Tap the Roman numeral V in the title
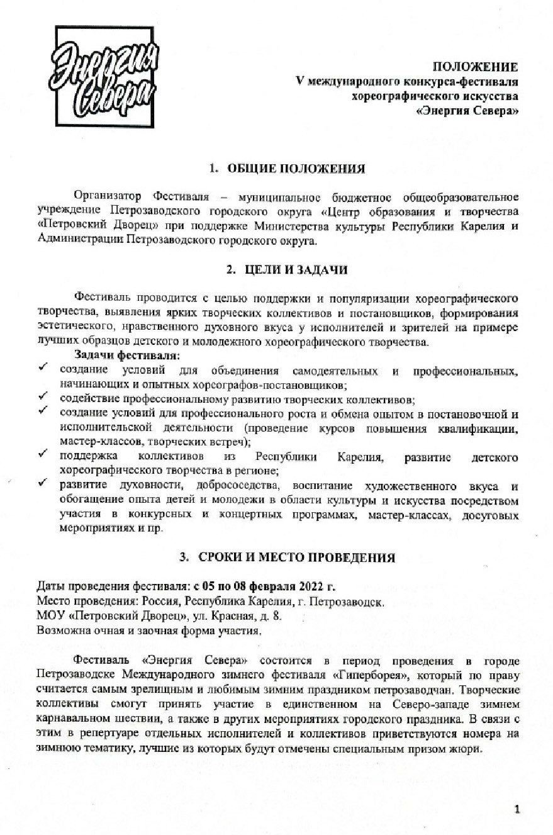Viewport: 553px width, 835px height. click(300, 82)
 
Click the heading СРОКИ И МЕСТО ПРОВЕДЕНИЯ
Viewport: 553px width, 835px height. click(296, 557)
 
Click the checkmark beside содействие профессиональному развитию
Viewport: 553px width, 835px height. click(43, 398)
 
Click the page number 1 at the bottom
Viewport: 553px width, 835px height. click(517, 809)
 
